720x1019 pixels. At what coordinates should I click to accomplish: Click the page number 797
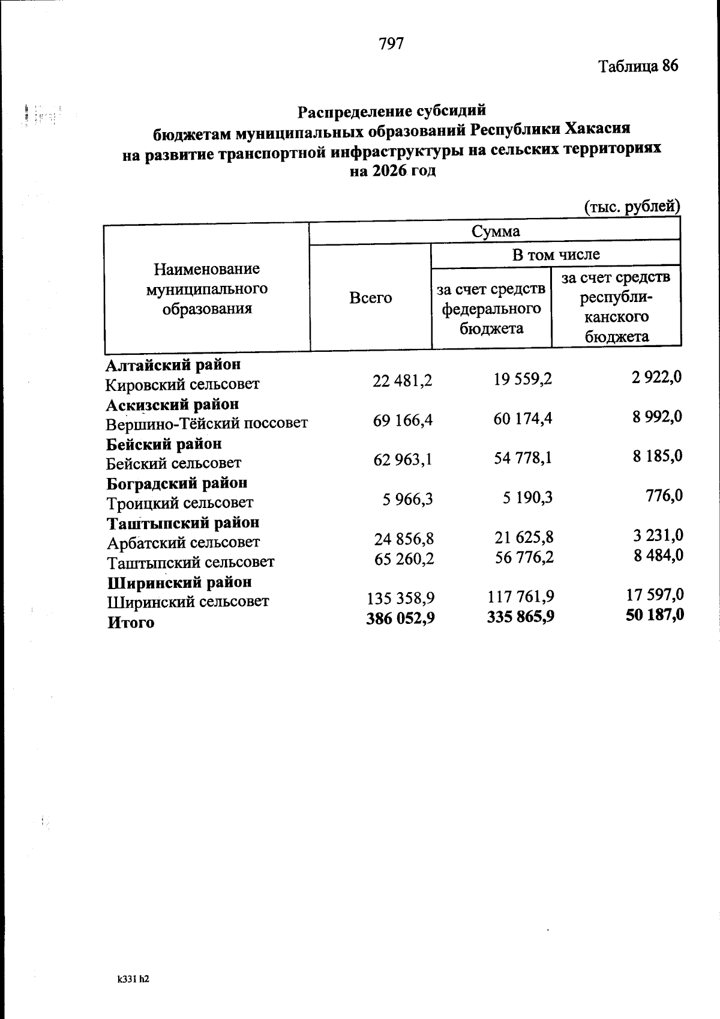click(391, 43)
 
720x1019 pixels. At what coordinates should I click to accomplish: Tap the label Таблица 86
click(638, 65)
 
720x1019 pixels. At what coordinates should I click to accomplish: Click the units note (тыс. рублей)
click(632, 207)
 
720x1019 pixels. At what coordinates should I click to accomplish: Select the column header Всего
click(370, 297)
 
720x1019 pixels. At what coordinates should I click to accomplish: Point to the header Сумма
click(495, 231)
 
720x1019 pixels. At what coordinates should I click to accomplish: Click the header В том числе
click(556, 254)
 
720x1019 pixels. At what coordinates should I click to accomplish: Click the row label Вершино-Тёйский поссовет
click(207, 423)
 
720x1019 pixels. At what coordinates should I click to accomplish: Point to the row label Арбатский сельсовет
click(183, 542)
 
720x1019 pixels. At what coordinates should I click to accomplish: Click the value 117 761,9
click(520, 596)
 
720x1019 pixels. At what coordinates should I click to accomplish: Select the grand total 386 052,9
click(400, 618)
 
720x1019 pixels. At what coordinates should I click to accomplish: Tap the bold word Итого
click(131, 622)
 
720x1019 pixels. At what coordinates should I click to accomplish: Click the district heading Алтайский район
click(173, 364)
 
